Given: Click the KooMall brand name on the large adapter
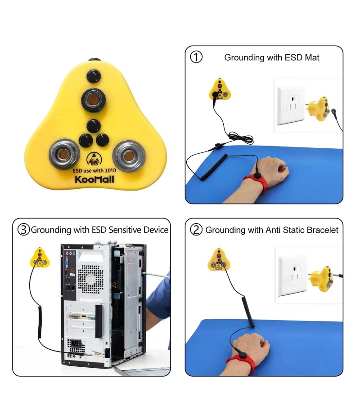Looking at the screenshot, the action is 94,179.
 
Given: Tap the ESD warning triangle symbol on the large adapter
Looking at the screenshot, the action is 94,159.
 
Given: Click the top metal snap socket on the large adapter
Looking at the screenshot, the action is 93,100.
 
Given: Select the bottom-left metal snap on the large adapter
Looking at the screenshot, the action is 64,154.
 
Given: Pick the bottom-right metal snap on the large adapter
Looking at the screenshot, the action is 128,156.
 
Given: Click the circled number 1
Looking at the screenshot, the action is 196,57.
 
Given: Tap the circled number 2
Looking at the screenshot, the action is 196,230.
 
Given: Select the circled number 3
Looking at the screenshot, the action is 23,230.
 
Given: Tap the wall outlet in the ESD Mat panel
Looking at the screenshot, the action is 291,106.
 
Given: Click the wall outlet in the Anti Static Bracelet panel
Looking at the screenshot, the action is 293,276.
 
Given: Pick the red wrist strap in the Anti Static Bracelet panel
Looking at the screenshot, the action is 242,363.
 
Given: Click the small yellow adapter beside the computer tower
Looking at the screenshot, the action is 40,258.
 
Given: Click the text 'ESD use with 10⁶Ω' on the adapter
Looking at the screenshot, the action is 94,170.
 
